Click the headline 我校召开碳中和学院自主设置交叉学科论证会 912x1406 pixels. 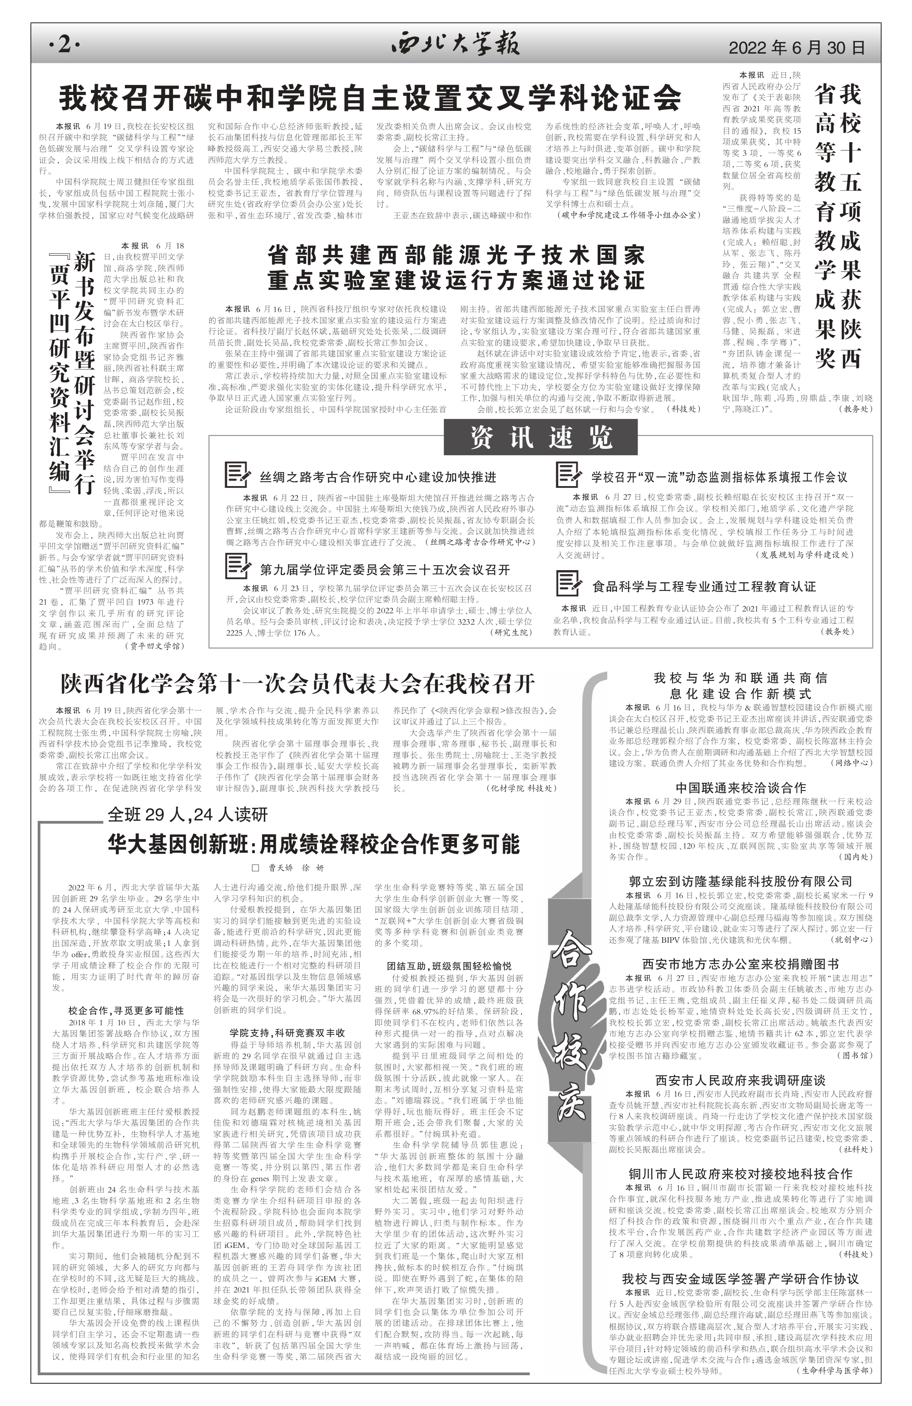370,98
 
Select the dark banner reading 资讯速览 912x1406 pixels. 540,438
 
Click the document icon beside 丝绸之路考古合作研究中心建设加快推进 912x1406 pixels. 238,476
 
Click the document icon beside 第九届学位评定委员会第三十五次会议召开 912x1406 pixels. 238,566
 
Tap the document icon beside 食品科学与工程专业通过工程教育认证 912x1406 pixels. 569,584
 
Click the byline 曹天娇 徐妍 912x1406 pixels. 288,868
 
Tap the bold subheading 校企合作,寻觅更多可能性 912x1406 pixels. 126,1011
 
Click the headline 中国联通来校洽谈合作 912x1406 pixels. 740,787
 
